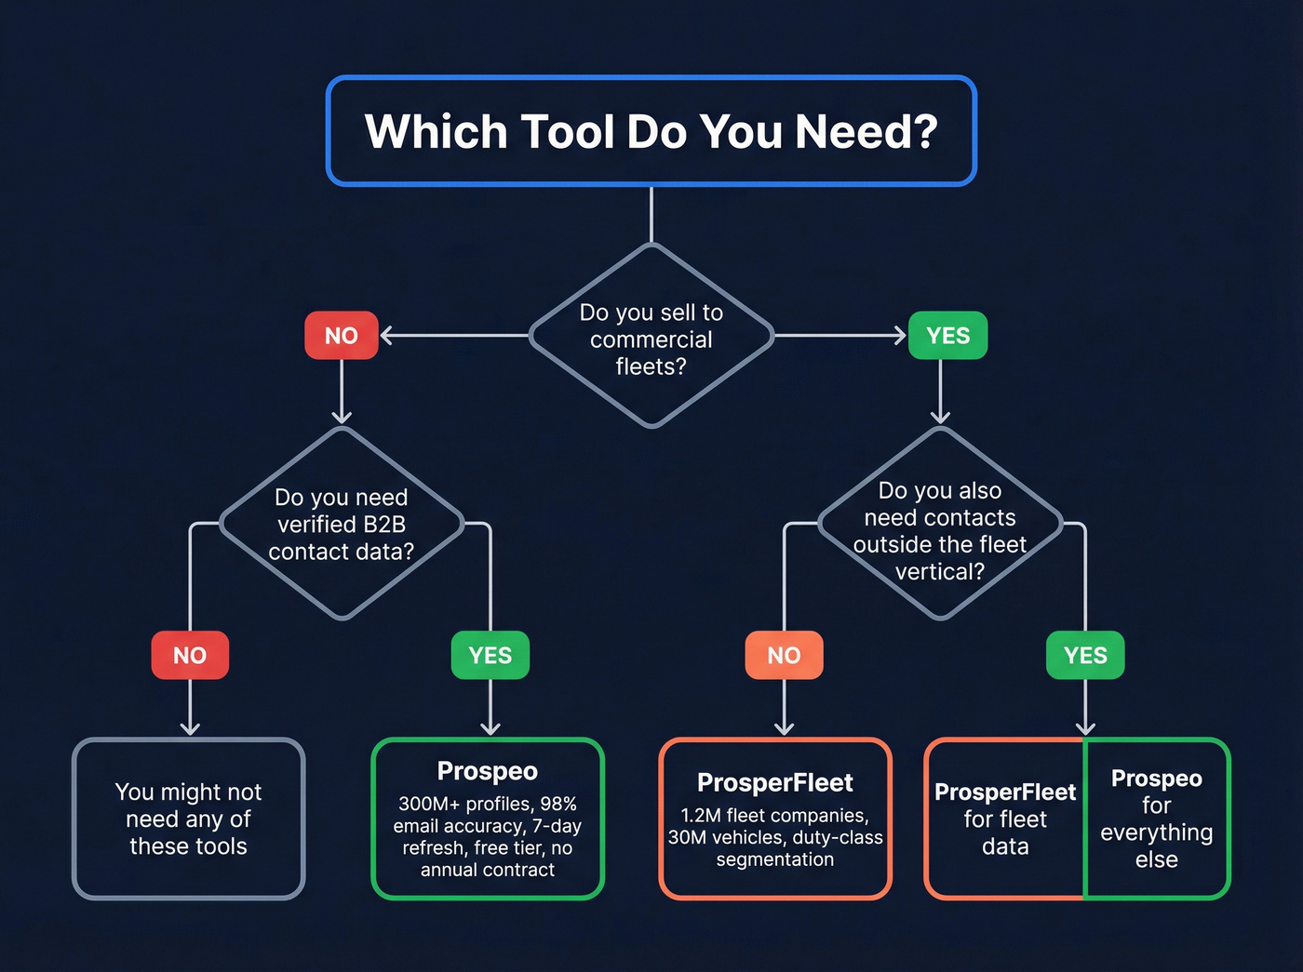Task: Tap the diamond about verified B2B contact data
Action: click(x=342, y=524)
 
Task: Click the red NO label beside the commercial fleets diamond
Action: click(x=342, y=336)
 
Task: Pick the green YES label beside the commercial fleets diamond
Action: click(x=947, y=336)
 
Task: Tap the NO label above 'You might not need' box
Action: click(x=190, y=656)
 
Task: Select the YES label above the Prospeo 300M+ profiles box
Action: click(x=490, y=656)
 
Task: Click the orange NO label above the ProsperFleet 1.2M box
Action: click(x=784, y=656)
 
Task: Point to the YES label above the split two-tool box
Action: click(x=1085, y=656)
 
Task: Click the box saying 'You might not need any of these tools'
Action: click(x=189, y=819)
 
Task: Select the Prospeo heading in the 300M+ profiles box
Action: click(x=488, y=771)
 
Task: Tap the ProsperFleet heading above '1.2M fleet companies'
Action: click(x=775, y=783)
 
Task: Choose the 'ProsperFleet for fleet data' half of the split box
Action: click(x=1005, y=819)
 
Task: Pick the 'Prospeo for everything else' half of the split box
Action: click(x=1157, y=819)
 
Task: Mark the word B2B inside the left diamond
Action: click(x=383, y=525)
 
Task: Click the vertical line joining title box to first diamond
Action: click(x=651, y=214)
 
